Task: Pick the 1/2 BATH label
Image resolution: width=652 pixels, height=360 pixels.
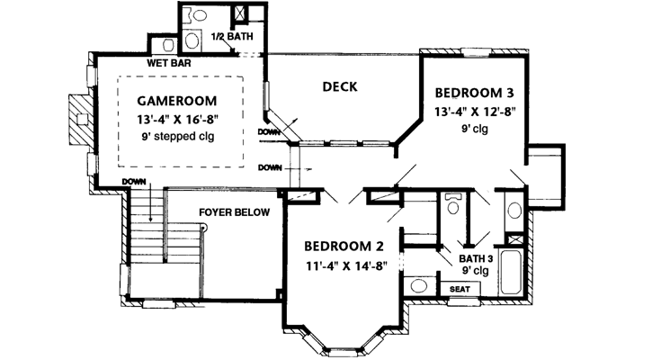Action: [x=229, y=37]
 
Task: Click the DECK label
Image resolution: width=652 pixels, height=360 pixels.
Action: [x=341, y=87]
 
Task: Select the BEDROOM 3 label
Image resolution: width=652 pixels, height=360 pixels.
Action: [x=476, y=93]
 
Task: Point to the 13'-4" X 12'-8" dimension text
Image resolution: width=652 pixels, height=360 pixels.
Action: [x=476, y=112]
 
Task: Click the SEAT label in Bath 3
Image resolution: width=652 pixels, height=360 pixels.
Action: [x=460, y=289]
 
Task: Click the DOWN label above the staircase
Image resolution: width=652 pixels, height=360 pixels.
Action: [x=135, y=182]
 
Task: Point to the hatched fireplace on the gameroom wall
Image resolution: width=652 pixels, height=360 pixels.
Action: [x=78, y=121]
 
